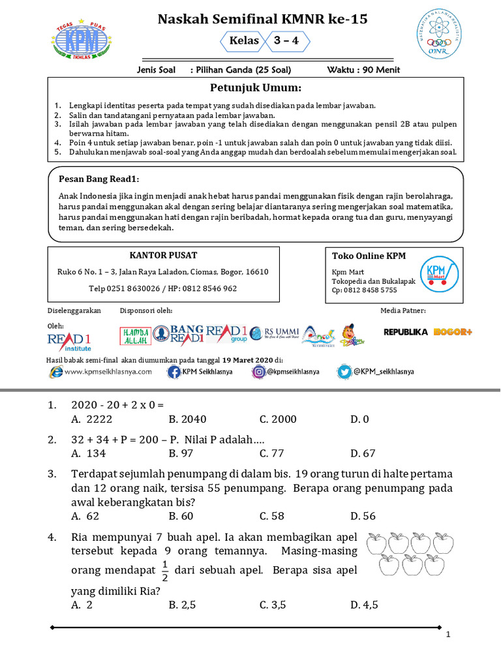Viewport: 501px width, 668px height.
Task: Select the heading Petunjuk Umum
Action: point(255,88)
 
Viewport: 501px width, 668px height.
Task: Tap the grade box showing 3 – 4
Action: point(286,41)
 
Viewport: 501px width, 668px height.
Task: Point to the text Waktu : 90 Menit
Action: point(363,70)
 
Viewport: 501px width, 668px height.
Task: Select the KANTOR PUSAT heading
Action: point(164,255)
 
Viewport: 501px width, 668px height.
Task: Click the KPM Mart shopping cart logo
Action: point(437,277)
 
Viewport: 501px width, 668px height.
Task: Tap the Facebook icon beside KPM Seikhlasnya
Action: point(174,372)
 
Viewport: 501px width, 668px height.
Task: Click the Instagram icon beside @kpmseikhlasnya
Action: point(258,372)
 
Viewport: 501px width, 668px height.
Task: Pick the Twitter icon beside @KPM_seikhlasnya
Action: point(344,372)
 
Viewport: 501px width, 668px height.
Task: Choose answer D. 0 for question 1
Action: point(359,419)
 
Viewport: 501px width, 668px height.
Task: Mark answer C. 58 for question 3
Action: point(272,516)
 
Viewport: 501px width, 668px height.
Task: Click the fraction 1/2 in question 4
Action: point(165,569)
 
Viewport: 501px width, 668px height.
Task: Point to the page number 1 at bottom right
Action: point(448,635)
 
